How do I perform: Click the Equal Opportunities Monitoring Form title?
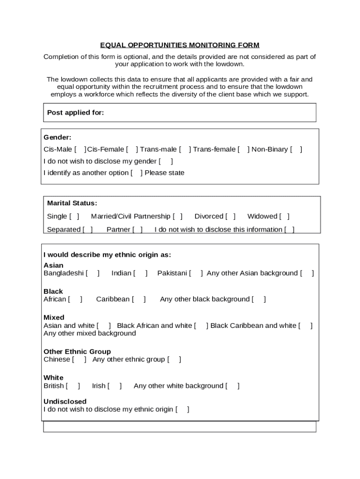180,45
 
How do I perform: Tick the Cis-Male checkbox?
80,150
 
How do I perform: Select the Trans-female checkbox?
243,150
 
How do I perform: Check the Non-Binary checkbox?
296,150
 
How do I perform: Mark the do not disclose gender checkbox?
166,161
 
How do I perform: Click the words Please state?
165,173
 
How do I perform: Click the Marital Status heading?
72,203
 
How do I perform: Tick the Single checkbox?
74,217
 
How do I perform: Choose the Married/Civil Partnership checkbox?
178,217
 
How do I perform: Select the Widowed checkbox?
284,217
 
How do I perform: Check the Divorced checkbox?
230,217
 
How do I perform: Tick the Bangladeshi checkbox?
92,273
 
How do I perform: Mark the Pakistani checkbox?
196,273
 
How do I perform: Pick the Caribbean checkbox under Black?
138,299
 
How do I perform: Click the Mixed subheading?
54,318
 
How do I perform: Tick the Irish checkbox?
115,386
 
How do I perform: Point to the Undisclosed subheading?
65,402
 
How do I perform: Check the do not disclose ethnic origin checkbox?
182,410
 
